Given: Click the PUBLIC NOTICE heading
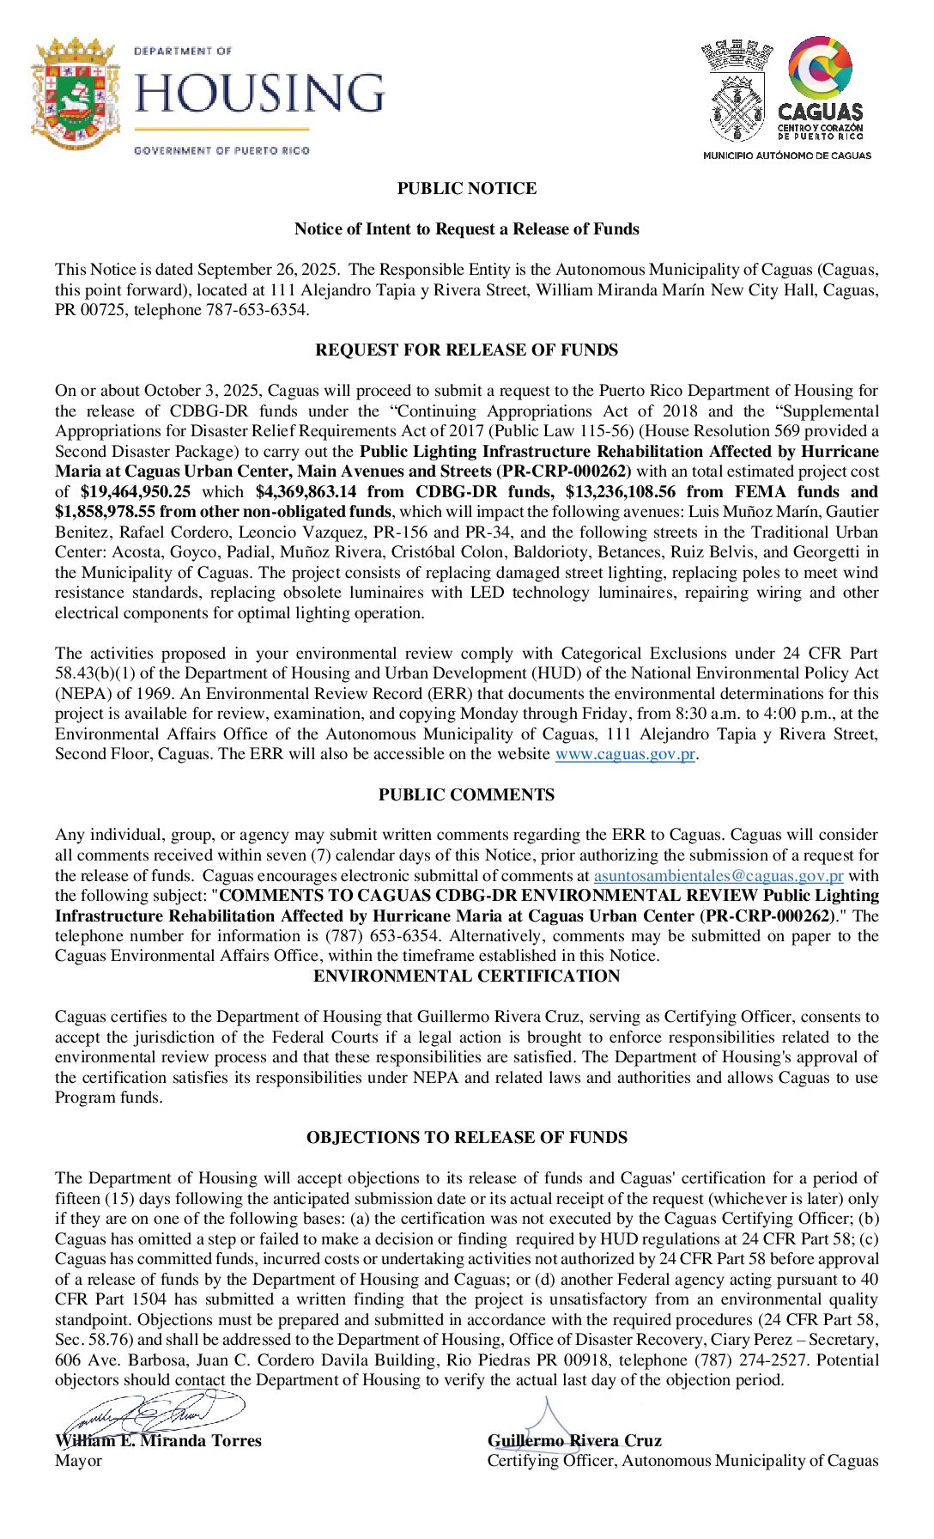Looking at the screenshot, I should click(466, 188).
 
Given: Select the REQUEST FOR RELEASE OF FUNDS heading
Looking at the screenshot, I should click(466, 350).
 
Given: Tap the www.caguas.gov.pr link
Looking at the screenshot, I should click(624, 754).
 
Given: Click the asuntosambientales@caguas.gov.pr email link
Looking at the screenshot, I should click(719, 876).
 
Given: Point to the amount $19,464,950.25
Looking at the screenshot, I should click(136, 492).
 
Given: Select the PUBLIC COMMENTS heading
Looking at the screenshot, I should click(466, 794).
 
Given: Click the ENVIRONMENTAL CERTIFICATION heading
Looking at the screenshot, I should click(466, 976).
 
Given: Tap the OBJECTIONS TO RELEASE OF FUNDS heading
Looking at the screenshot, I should click(466, 1137).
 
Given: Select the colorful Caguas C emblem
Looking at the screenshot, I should click(821, 68).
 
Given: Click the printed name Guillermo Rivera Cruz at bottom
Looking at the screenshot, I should click(574, 1441).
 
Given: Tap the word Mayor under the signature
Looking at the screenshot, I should click(78, 1461).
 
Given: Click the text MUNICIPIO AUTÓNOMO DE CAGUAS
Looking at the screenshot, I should click(786, 155).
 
